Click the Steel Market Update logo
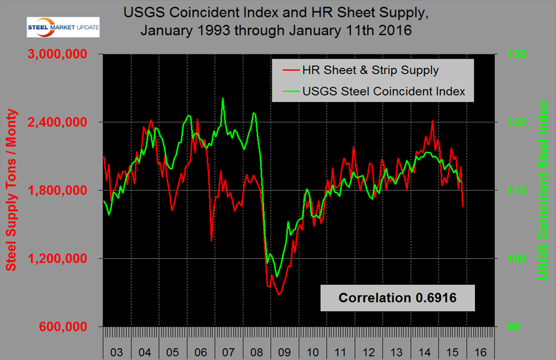[63, 28]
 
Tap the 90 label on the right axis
[509, 327]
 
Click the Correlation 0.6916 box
[397, 298]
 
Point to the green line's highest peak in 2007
[223, 98]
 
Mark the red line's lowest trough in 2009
[278, 295]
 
